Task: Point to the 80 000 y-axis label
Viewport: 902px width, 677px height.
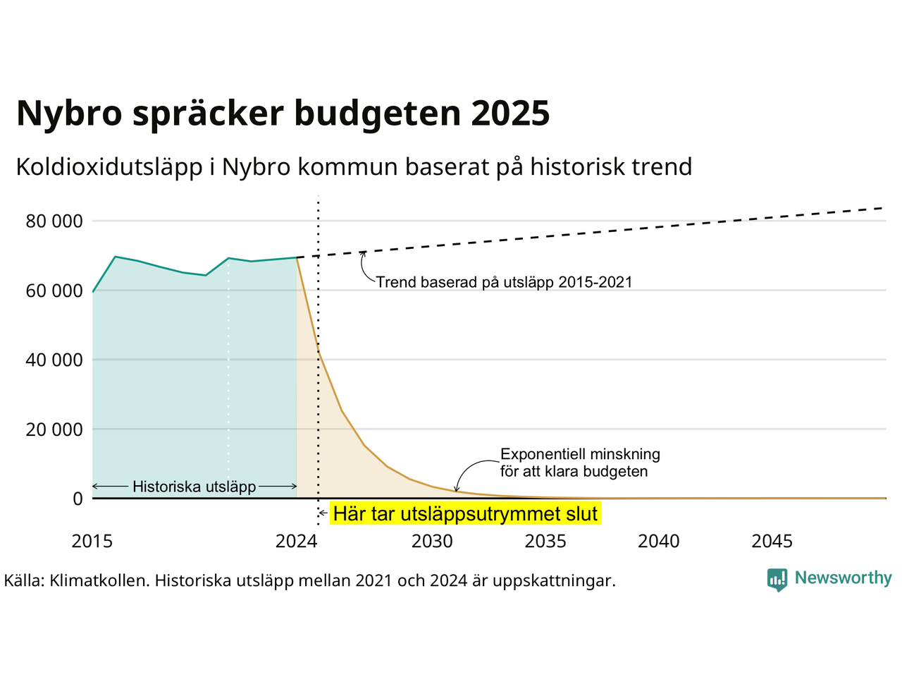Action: (x=54, y=221)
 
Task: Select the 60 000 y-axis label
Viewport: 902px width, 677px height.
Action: (x=54, y=291)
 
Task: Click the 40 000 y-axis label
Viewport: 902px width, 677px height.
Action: (x=54, y=360)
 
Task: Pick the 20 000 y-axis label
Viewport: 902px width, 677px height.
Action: (x=54, y=429)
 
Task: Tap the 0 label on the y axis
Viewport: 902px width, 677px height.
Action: (x=78, y=499)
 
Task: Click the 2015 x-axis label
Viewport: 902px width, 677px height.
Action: (x=92, y=542)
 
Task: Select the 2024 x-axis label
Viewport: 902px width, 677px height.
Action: (x=296, y=542)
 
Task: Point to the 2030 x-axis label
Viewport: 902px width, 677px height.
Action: (x=432, y=542)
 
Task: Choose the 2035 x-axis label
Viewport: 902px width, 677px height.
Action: (x=545, y=542)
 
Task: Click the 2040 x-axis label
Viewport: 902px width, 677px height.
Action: (x=659, y=542)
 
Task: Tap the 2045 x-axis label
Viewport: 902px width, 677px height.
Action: (x=772, y=542)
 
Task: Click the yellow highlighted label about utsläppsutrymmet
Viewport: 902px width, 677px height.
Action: (x=465, y=514)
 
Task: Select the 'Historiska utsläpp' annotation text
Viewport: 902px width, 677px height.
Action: (x=194, y=487)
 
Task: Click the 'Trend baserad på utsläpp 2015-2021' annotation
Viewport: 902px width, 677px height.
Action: (x=504, y=283)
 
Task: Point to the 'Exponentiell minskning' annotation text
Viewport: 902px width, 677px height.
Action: (x=580, y=454)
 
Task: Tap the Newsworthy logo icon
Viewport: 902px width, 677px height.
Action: (x=777, y=580)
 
